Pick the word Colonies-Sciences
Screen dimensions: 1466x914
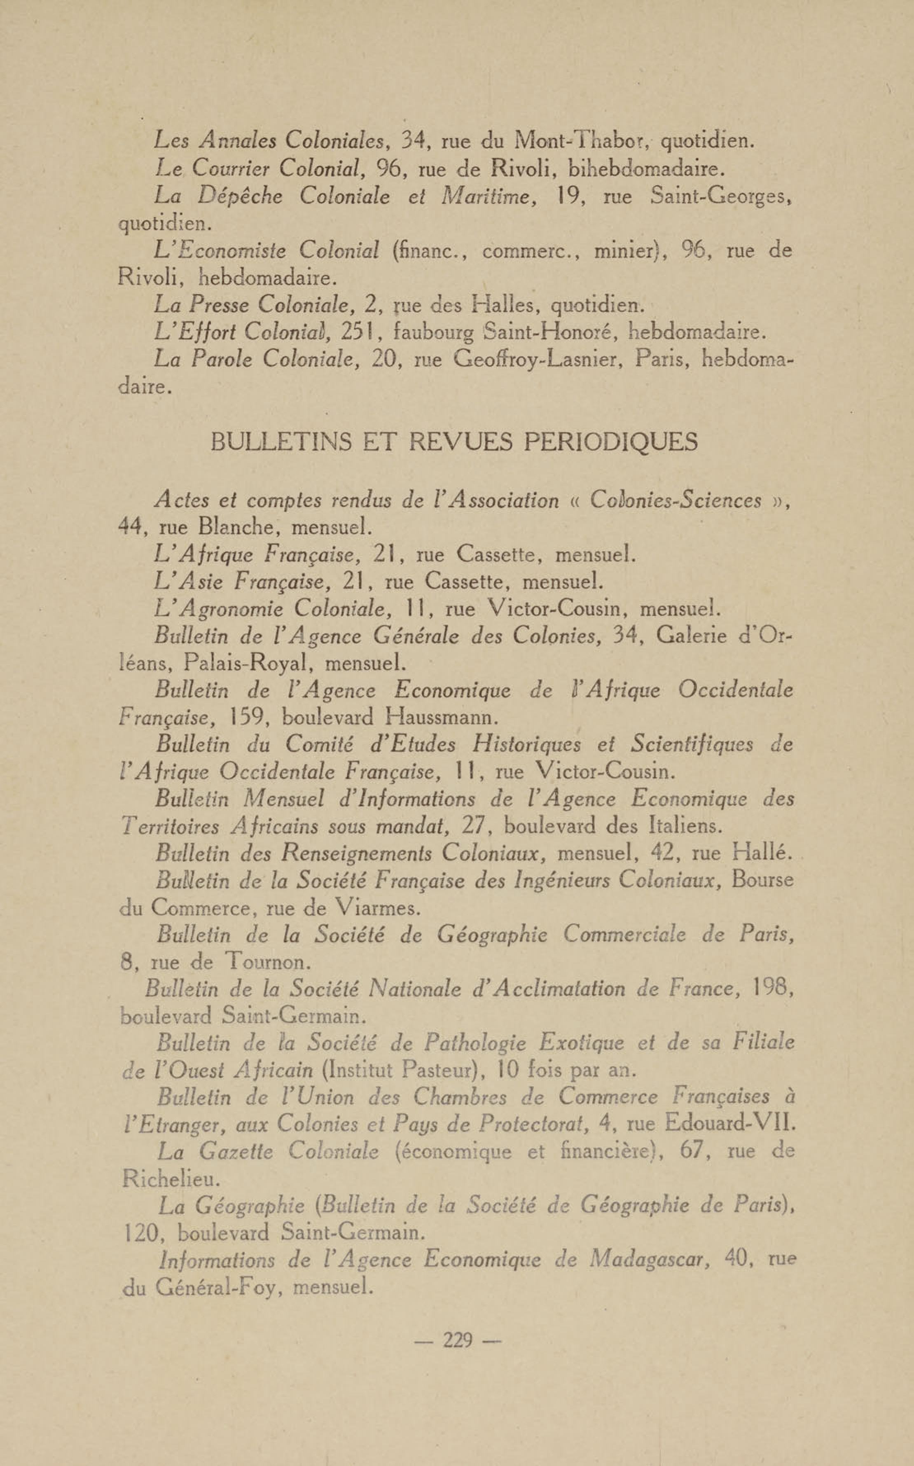click(675, 501)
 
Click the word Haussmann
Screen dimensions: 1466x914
click(441, 718)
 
